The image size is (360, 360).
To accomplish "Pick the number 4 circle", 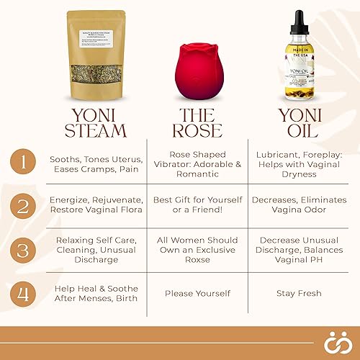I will (25, 293).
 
